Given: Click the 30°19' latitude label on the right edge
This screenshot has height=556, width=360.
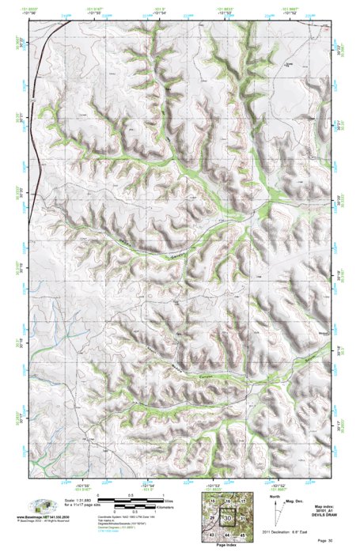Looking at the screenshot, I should (x=342, y=274).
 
